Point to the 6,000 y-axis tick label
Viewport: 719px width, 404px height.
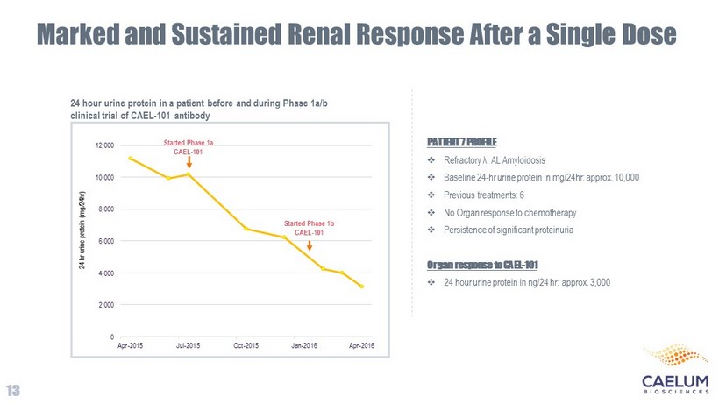[104, 241]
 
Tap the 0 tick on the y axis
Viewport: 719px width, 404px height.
[111, 337]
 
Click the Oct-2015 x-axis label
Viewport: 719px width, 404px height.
[246, 345]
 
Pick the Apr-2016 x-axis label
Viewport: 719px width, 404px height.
[362, 345]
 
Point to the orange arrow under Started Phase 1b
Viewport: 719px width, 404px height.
[310, 245]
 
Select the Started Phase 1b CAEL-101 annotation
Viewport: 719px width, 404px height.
[309, 228]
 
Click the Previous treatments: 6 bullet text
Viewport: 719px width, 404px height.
[484, 195]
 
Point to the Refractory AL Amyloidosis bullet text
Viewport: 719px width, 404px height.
[495, 160]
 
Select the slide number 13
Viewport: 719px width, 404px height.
[13, 390]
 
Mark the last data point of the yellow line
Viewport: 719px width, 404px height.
[361, 287]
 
